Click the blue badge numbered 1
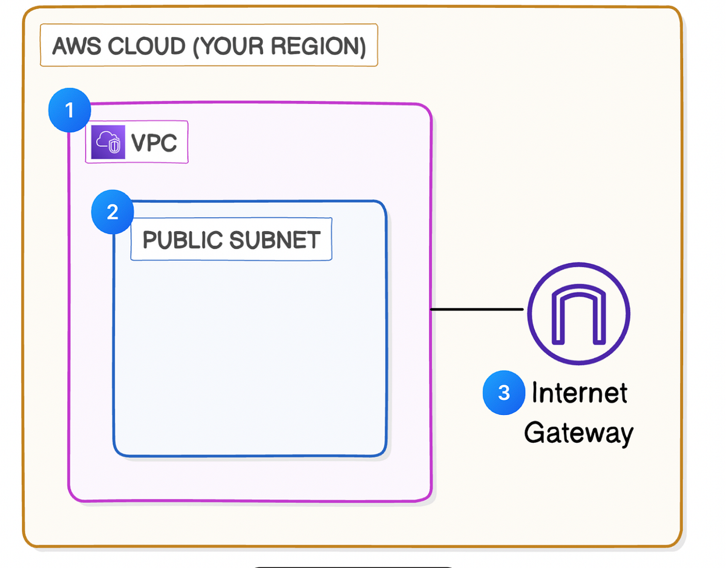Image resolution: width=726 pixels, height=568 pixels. coord(69,111)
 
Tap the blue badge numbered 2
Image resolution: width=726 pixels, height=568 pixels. coord(112,212)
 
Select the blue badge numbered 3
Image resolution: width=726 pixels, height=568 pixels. coord(503,393)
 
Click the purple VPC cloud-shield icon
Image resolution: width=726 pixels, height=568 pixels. coord(108,143)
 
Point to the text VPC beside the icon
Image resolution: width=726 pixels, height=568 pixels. coord(154,143)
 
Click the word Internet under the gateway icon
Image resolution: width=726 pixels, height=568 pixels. coord(579,393)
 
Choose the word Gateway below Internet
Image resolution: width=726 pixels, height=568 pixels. coord(578,433)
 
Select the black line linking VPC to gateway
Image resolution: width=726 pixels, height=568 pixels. coord(477,310)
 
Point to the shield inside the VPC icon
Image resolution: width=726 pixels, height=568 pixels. coord(113,146)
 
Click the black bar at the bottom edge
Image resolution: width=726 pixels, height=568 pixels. coord(352,566)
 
